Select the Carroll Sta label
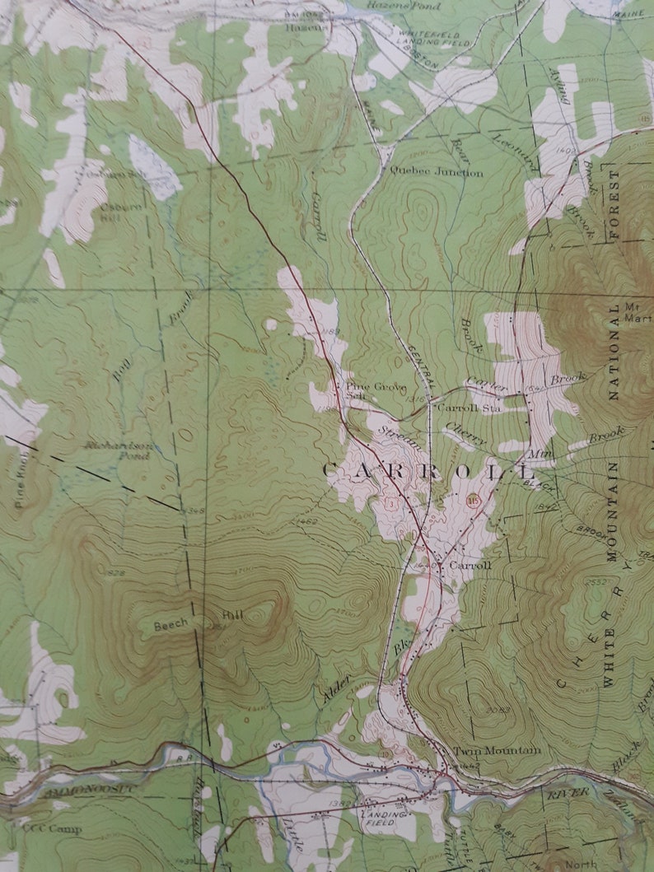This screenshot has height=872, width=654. click(469, 408)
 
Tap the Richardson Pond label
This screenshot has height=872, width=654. click(119, 450)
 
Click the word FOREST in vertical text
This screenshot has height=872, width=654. click(614, 206)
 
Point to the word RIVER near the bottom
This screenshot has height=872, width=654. click(569, 792)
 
